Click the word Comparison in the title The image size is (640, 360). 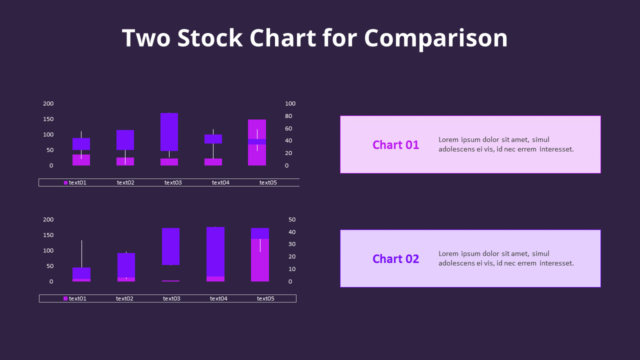[435, 38]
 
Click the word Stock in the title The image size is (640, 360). [210, 38]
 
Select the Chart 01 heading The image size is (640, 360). [395, 145]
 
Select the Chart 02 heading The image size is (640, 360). [395, 259]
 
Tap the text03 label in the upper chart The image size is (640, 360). [173, 182]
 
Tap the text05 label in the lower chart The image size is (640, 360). [265, 298]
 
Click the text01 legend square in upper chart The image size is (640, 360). [65, 182]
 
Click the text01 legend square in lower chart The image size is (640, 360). [65, 298]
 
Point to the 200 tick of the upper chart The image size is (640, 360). [48, 103]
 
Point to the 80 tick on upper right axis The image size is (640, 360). [290, 116]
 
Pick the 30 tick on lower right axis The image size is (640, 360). [292, 244]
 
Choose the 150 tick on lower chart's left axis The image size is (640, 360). [48, 235]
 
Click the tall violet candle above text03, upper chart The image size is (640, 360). [169, 131]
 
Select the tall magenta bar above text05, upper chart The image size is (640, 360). [257, 155]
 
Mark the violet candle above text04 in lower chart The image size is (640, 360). [215, 251]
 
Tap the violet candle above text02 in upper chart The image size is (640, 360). [125, 140]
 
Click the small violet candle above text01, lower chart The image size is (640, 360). [81, 273]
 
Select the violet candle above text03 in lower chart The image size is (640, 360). [170, 246]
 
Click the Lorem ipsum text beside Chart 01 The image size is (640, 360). [505, 144]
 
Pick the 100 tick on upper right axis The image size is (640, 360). [290, 103]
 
